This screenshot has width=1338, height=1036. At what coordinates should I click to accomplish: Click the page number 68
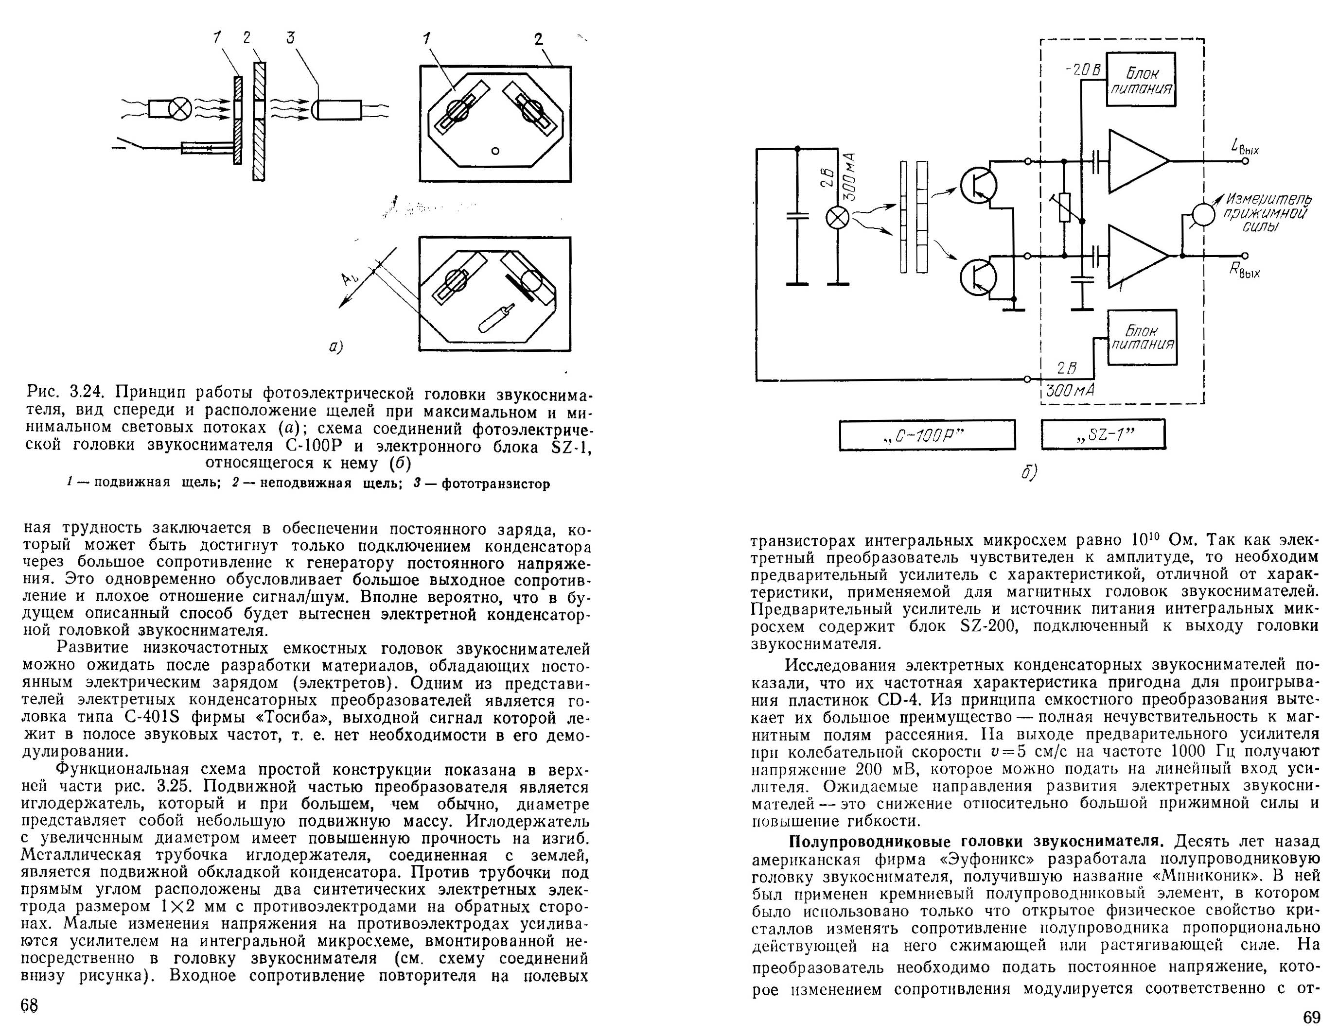29,1005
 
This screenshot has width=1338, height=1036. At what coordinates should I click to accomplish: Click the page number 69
1312,1018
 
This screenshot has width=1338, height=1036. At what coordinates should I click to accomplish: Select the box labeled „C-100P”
926,435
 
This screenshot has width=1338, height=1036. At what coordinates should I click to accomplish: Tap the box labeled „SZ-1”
1103,435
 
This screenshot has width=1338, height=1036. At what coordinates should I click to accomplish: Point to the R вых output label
1245,270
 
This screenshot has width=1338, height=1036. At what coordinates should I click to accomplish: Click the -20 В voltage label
1083,70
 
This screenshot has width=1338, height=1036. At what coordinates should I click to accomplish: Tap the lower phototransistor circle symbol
978,277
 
